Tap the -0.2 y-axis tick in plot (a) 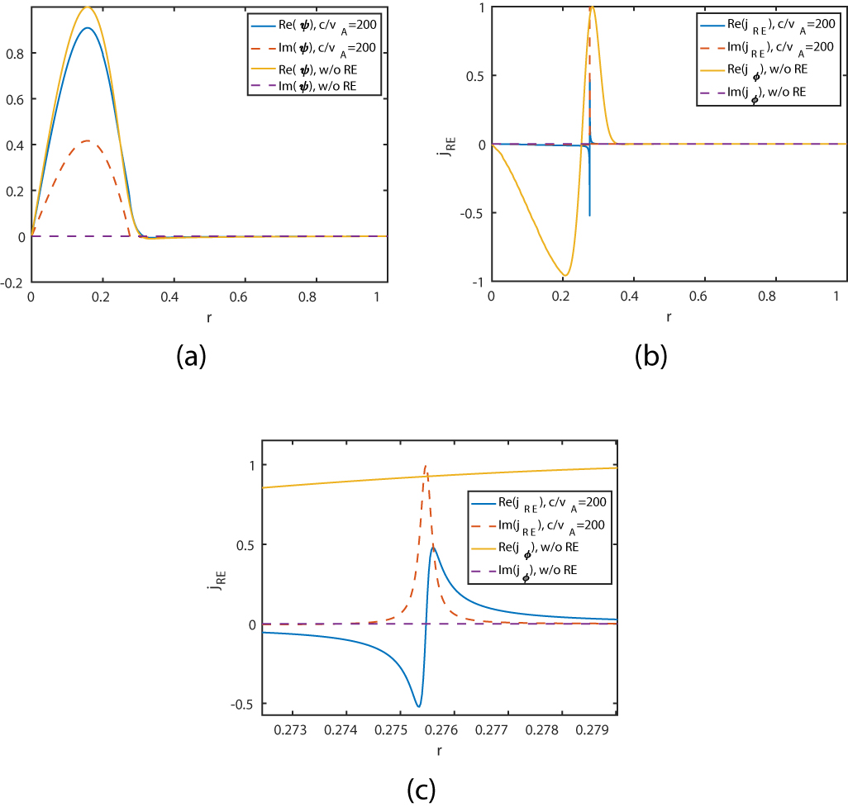[x=17, y=282]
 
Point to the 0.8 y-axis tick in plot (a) [x=19, y=53]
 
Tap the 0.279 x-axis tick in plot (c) [x=595, y=730]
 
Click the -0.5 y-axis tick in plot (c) [x=244, y=704]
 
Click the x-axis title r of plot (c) [x=439, y=750]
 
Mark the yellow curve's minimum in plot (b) [x=565, y=276]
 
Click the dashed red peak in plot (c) [x=426, y=466]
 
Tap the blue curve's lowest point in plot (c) [x=418, y=707]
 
